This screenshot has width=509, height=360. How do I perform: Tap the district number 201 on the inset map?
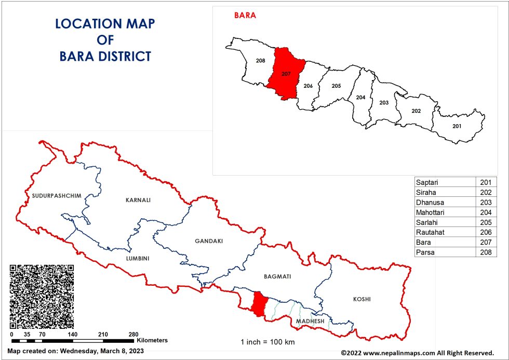[457, 126]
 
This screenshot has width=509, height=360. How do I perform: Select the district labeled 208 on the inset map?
[261, 61]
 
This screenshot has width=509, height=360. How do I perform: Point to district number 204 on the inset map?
[360, 97]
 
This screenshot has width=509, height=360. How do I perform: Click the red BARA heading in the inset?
[245, 15]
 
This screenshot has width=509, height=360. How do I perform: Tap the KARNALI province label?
[138, 199]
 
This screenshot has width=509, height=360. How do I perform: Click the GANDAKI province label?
[209, 241]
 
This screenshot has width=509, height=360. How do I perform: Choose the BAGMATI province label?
[277, 276]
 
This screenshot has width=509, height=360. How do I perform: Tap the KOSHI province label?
[362, 299]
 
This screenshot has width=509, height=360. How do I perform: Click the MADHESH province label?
[310, 322]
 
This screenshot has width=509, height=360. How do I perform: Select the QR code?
[42, 296]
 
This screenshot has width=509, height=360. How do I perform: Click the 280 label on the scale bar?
[133, 334]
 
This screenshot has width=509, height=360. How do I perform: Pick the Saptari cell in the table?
[445, 182]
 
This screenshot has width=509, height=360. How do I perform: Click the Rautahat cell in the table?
[445, 232]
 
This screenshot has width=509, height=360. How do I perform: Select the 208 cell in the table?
[486, 252]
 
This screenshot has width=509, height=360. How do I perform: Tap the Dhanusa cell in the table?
[445, 202]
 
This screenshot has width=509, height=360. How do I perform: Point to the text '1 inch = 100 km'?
[268, 342]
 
